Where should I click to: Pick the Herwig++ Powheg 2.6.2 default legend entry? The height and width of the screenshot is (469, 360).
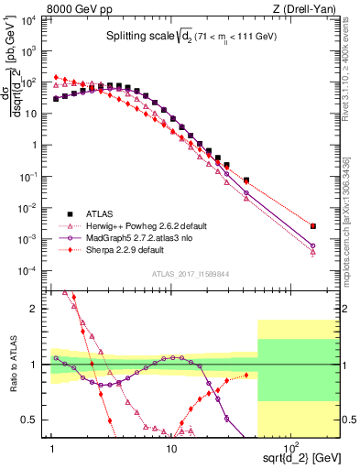tap(147, 224)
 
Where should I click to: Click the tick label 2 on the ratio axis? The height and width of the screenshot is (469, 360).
tap(38, 309)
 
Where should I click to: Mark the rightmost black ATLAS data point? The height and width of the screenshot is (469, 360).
tap(313, 225)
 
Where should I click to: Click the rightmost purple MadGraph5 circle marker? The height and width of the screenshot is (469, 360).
tap(313, 245)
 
